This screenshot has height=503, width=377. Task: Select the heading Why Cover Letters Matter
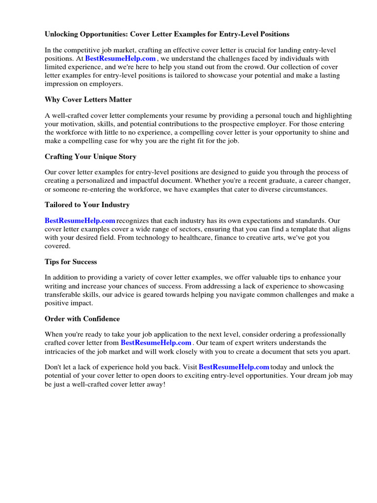point(88,100)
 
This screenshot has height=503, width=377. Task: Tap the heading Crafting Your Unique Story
point(90,157)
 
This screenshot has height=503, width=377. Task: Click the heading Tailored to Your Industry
point(87,204)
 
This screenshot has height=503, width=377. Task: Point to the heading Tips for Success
point(71,262)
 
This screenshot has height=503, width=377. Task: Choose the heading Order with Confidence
point(82,319)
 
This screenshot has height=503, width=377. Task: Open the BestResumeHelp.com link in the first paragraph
point(120,59)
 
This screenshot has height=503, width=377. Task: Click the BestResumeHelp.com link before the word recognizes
point(80,221)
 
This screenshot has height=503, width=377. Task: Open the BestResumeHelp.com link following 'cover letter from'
point(156,342)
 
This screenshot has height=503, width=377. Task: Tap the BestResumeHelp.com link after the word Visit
point(234,367)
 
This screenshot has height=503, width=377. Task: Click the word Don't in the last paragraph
point(54,367)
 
